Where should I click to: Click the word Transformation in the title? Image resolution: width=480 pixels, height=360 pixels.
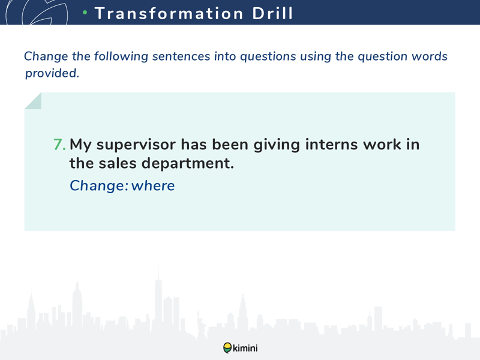(x=169, y=13)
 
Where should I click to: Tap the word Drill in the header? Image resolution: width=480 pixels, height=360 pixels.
(x=272, y=13)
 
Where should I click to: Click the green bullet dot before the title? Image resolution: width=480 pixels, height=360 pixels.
(x=85, y=12)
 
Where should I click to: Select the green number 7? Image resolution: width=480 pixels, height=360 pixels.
(x=59, y=145)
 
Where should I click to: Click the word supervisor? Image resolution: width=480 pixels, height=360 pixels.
(x=136, y=145)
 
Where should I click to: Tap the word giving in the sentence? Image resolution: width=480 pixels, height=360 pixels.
(x=277, y=145)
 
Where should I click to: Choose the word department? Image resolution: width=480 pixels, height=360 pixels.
(x=188, y=163)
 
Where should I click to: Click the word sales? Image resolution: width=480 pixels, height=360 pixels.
(x=118, y=163)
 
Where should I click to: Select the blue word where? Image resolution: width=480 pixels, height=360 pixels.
(x=153, y=185)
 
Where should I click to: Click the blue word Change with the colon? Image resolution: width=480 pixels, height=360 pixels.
(x=99, y=186)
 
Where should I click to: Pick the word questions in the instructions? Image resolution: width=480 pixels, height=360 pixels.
(x=268, y=56)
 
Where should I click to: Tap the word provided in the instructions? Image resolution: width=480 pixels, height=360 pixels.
(x=52, y=73)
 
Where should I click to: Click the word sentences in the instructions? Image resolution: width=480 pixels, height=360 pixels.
(x=181, y=56)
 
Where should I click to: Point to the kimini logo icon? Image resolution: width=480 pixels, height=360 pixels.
(x=227, y=348)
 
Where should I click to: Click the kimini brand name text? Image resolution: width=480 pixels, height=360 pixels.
(x=245, y=348)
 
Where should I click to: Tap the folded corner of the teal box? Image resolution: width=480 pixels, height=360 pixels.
(x=33, y=101)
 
